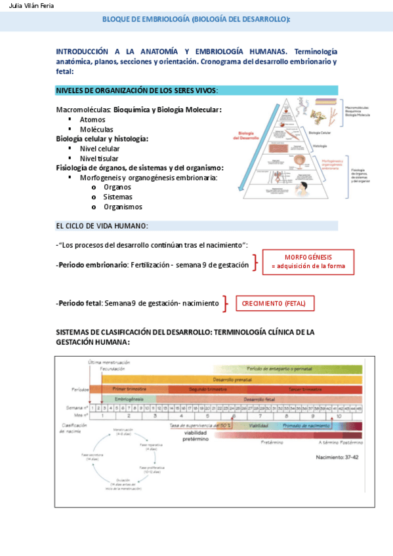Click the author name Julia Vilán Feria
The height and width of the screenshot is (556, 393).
pyautogui.click(x=28, y=6)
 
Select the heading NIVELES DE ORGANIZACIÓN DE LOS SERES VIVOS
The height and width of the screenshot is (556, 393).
pyautogui.click(x=137, y=90)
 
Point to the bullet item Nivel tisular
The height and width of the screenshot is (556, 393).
pyautogui.click(x=100, y=158)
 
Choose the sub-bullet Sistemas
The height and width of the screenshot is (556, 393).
pyautogui.click(x=117, y=197)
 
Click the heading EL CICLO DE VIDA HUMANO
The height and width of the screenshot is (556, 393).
pyautogui.click(x=102, y=226)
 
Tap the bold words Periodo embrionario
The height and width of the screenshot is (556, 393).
pyautogui.click(x=92, y=266)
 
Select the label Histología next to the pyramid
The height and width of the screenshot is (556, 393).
pyautogui.click(x=320, y=146)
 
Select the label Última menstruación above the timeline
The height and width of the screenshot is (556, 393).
pyautogui.click(x=110, y=362)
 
